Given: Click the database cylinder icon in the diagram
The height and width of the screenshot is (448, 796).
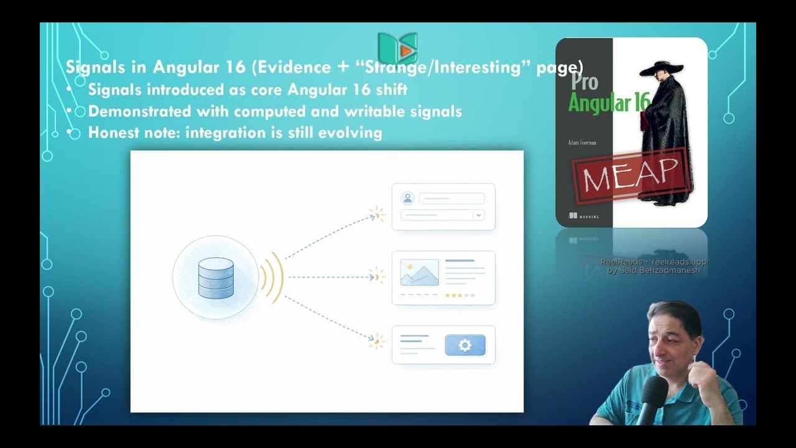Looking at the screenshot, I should pyautogui.click(x=216, y=278).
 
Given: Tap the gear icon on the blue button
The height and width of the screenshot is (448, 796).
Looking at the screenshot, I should pyautogui.click(x=465, y=345).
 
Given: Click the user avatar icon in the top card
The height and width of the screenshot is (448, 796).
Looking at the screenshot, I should pyautogui.click(x=408, y=198).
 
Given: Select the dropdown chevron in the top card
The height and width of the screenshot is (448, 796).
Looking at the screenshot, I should pyautogui.click(x=478, y=215).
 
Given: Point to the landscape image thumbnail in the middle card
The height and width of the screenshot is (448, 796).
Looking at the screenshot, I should pyautogui.click(x=419, y=273).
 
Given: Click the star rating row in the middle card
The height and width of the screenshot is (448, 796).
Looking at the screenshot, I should pyautogui.click(x=460, y=296).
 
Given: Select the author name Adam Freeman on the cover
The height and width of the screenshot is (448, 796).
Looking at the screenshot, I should pyautogui.click(x=582, y=142).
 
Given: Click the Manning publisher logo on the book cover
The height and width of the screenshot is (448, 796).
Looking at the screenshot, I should pyautogui.click(x=584, y=216).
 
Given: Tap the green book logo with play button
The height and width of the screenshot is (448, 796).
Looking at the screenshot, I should pyautogui.click(x=398, y=49).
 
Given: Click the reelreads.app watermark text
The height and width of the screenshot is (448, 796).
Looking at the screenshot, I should pyautogui.click(x=678, y=262).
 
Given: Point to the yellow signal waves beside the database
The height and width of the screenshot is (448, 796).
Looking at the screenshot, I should pyautogui.click(x=272, y=278).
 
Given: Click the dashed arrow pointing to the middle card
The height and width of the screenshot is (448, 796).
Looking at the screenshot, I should pyautogui.click(x=330, y=277).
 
